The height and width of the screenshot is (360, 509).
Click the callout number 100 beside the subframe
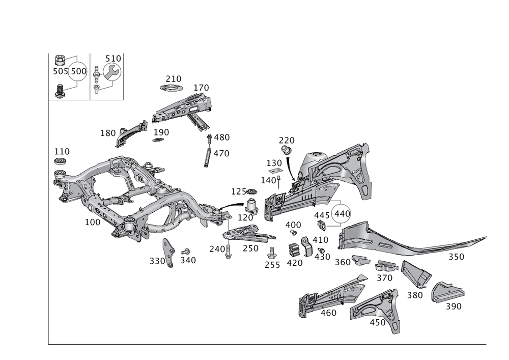(x=93, y=223)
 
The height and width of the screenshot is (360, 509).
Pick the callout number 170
(x=202, y=88)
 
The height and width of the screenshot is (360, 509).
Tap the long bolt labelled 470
(x=208, y=155)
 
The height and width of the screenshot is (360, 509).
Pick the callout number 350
(x=456, y=258)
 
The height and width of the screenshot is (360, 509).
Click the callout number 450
(x=377, y=322)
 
